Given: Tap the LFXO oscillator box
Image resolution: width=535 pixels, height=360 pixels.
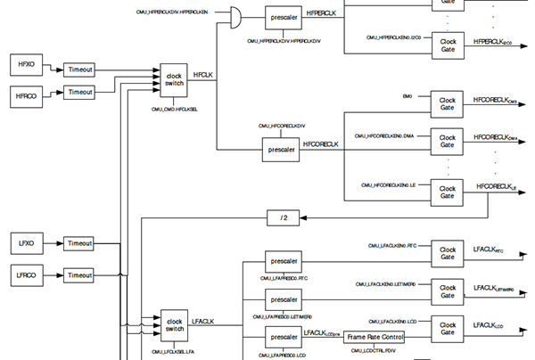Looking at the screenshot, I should click(26, 241).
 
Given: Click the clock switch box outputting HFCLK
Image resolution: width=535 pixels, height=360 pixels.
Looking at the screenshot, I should click(174, 80).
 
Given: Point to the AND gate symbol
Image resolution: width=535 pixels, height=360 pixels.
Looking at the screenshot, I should click(236, 15).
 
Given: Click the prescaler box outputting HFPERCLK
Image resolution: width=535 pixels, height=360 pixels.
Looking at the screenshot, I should click(287, 16).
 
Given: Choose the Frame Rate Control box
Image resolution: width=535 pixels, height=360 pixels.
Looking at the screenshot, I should click(374, 338).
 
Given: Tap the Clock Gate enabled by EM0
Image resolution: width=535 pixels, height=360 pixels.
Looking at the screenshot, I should click(447, 103).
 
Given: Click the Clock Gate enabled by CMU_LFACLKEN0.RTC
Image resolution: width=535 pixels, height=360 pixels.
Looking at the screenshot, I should click(447, 252).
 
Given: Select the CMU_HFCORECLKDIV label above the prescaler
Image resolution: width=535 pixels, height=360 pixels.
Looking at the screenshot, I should click(282, 127).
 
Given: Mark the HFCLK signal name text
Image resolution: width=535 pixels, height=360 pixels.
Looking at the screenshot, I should click(203, 78).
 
